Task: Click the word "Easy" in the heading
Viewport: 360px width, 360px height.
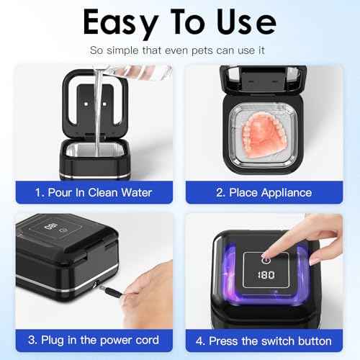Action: [118, 22]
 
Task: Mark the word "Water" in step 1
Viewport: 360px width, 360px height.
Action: [141, 193]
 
